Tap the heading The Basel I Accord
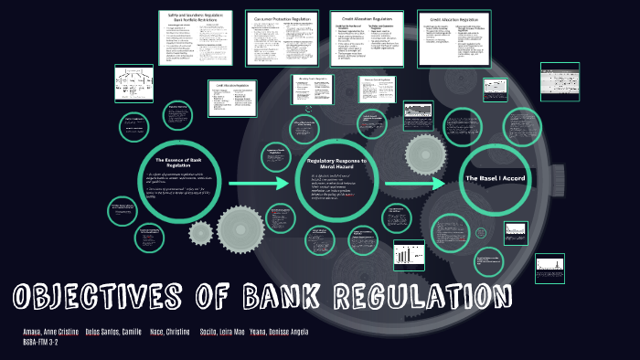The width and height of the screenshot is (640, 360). [x=495, y=177]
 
